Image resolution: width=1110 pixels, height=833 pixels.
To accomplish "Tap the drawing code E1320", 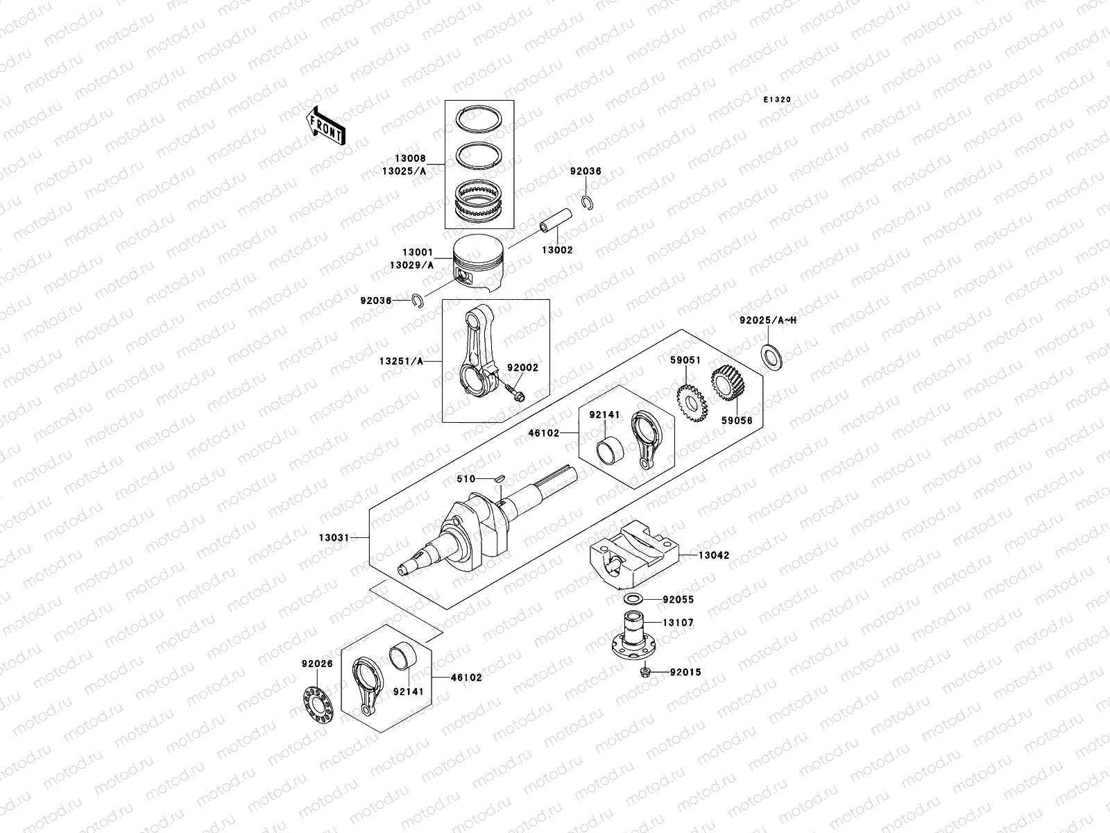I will pyautogui.click(x=777, y=100).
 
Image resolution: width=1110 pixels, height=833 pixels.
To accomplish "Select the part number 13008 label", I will pyautogui.click(x=412, y=159).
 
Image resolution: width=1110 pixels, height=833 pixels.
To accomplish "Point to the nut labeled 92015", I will pyautogui.click(x=644, y=671).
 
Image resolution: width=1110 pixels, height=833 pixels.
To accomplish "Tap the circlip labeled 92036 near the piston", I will pyautogui.click(x=418, y=300).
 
